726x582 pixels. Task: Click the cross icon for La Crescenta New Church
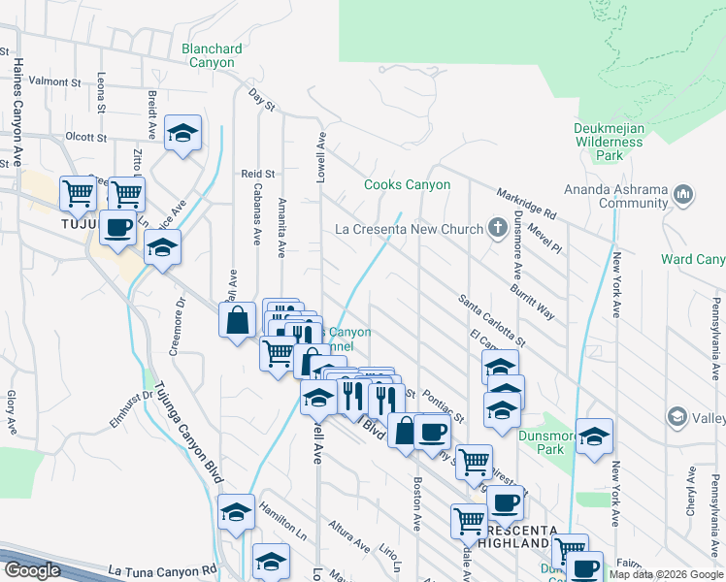coord(497,229)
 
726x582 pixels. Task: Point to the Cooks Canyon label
coord(407,184)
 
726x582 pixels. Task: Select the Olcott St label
coord(85,137)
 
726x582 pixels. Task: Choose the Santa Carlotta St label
coord(492,321)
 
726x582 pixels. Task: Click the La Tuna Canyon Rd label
coord(159,571)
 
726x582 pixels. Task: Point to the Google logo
coord(31,570)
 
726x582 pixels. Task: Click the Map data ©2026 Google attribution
coord(666,574)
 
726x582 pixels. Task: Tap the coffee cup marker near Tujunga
coord(117,227)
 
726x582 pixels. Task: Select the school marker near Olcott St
coord(181,135)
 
